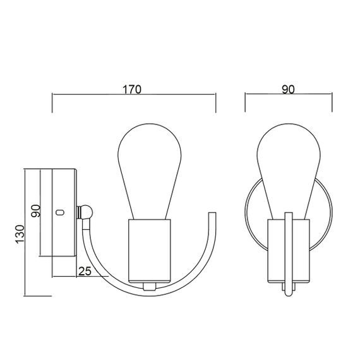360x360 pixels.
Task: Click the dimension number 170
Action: click(133, 89)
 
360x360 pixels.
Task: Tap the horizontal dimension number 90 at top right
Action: click(287, 89)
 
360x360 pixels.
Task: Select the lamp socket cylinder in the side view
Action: click(150, 251)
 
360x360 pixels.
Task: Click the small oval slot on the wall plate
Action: click(61, 212)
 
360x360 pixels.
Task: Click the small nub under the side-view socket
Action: click(150, 285)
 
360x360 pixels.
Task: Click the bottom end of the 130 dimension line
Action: click(24, 296)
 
